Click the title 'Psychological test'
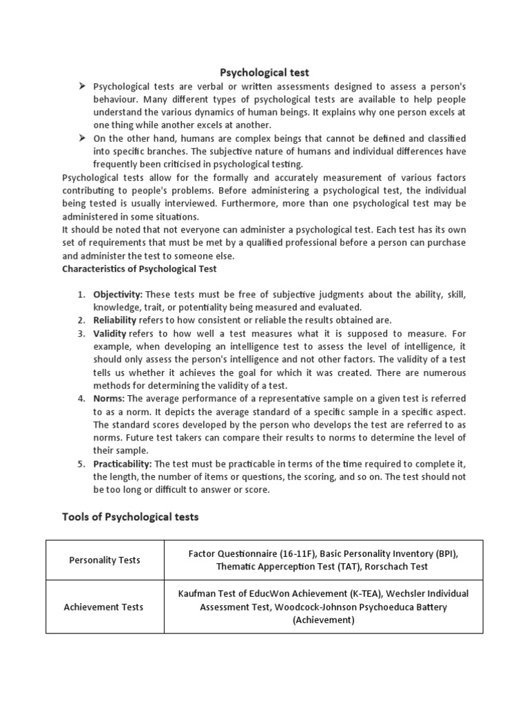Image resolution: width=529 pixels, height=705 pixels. click(x=264, y=72)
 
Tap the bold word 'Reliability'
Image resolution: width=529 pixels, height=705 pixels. click(x=115, y=320)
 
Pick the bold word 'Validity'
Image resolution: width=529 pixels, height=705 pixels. click(x=110, y=333)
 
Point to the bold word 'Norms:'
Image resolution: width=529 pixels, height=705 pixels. click(x=110, y=399)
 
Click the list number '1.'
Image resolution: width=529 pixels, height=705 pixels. click(x=81, y=294)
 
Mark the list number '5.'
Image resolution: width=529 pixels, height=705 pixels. click(x=81, y=464)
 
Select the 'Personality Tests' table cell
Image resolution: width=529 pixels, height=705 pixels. click(x=105, y=560)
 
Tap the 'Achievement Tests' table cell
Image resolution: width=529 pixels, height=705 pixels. click(x=105, y=607)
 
